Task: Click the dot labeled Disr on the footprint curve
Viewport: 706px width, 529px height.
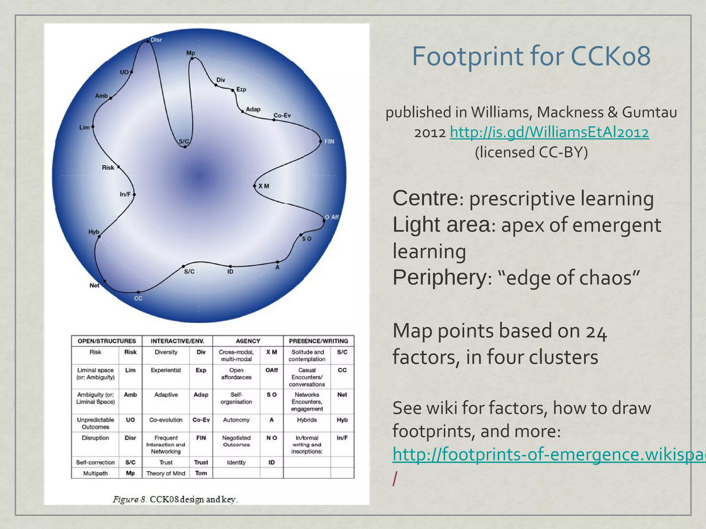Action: tap(148, 41)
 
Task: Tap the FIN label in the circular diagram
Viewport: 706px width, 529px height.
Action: tap(329, 141)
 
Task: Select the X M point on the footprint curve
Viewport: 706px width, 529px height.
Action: tap(255, 186)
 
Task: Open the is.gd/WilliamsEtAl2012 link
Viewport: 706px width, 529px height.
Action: tap(549, 132)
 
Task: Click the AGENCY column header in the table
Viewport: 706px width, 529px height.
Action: tap(248, 341)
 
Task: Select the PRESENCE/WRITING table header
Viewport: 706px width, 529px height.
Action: tap(318, 341)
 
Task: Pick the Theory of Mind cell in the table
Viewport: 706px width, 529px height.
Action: tap(166, 473)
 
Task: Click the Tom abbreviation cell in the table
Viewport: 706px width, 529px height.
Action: tap(201, 473)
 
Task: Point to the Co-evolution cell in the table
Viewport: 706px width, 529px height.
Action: tap(166, 420)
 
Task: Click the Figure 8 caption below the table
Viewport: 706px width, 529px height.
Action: tap(175, 499)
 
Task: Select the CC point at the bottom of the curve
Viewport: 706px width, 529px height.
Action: tap(138, 292)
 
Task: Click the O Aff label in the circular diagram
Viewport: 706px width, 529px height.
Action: tap(332, 217)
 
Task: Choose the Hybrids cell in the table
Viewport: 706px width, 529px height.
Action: tap(307, 420)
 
